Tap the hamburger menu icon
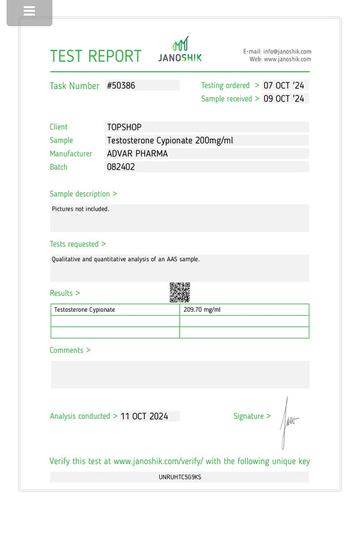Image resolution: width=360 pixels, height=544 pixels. (x=29, y=11)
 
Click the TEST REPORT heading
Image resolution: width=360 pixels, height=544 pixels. (x=96, y=56)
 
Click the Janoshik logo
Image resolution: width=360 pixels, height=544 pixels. (x=180, y=50)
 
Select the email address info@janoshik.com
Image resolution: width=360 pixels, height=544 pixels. (x=287, y=51)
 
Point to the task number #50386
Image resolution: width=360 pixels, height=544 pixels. (x=122, y=86)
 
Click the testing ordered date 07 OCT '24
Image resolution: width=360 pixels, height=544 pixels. (x=284, y=86)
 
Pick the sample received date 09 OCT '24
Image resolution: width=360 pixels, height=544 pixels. (x=284, y=99)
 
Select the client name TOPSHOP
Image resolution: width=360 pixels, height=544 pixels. (x=124, y=127)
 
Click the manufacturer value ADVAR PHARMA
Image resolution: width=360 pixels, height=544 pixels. (x=137, y=154)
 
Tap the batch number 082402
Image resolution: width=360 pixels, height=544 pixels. (x=121, y=167)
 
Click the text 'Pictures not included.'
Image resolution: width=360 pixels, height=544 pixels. (x=80, y=209)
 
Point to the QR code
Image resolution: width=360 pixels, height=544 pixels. (x=179, y=292)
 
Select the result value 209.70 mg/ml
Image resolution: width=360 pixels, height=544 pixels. (x=202, y=310)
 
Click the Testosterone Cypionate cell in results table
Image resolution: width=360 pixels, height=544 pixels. (x=84, y=310)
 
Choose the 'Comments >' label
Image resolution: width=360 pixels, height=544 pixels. (x=70, y=350)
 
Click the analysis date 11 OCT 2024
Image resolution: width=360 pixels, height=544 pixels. (x=145, y=416)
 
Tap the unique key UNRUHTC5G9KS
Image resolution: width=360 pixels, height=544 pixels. (x=180, y=477)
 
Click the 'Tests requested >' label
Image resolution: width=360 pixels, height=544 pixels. (x=78, y=244)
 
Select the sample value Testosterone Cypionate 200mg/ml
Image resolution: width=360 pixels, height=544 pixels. (x=170, y=140)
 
